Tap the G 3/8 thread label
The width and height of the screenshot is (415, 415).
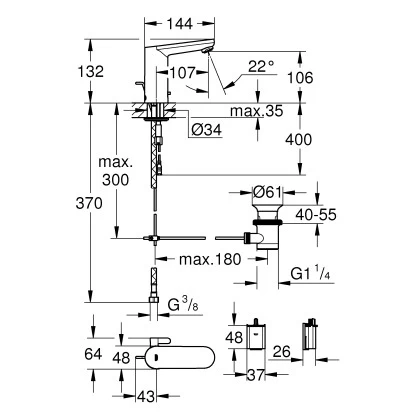tap(188, 302)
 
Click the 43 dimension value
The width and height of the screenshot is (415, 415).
tap(146, 398)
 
